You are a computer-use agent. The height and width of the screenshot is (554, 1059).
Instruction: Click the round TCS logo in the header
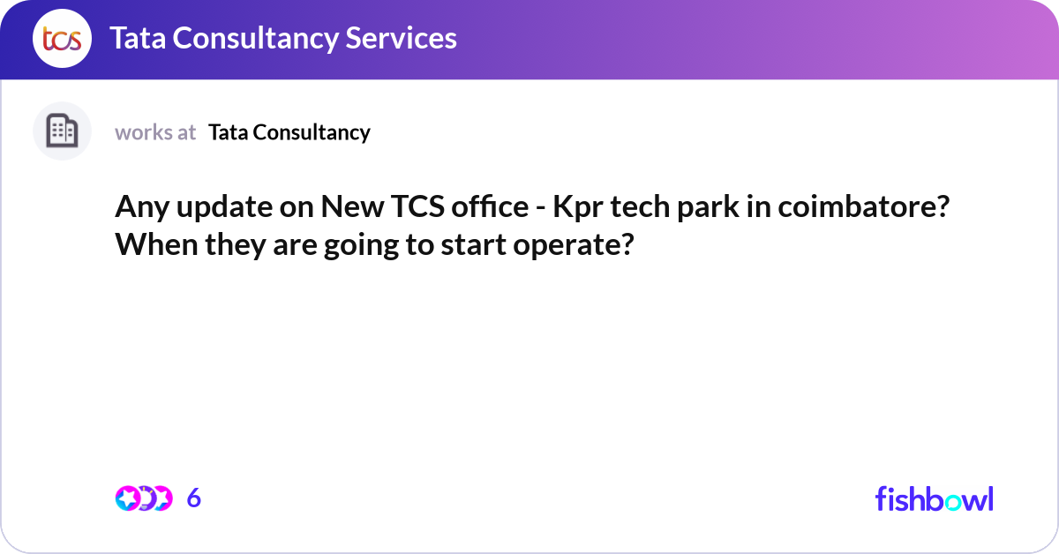(x=62, y=39)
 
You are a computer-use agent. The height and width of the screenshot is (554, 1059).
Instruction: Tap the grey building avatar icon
(x=62, y=131)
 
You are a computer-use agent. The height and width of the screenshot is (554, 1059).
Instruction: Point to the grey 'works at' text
(x=155, y=132)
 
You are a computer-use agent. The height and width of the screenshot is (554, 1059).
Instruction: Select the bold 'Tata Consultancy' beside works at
(x=289, y=132)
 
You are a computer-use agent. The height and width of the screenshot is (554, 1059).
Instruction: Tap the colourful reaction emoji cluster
(x=143, y=498)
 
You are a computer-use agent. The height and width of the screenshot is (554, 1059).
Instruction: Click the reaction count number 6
(x=194, y=498)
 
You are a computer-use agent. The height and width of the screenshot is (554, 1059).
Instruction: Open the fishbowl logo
(x=934, y=498)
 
